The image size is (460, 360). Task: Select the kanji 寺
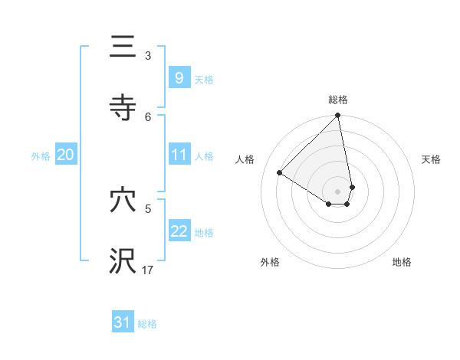[123, 107]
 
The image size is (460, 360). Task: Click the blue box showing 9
[179, 77]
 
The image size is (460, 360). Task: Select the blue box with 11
[179, 155]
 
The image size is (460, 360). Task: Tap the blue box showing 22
[179, 232]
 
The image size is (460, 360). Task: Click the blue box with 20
[65, 155]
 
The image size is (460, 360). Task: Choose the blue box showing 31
[123, 323]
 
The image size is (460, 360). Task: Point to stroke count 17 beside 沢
[148, 270]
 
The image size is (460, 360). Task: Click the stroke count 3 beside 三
[148, 55]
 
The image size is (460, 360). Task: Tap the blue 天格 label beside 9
[204, 79]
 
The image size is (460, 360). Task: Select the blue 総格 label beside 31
[147, 325]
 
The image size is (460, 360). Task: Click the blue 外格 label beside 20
[41, 156]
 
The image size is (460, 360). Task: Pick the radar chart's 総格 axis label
[338, 100]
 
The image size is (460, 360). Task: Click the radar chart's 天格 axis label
[431, 159]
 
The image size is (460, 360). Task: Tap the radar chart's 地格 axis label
[402, 262]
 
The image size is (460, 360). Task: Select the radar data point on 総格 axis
[338, 116]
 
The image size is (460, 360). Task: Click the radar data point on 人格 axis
[280, 173]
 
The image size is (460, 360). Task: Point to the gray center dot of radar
[337, 191]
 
